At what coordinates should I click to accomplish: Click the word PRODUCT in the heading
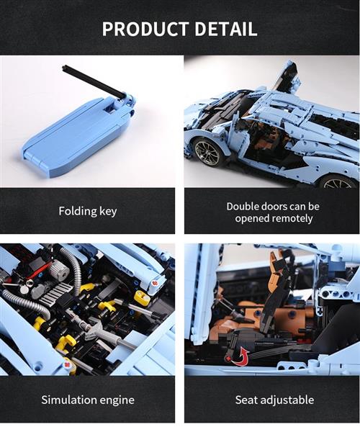click(145, 28)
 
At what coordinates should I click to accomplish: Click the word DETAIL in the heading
click(227, 28)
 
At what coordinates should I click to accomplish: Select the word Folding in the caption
click(77, 212)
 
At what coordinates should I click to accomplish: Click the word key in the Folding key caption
click(108, 211)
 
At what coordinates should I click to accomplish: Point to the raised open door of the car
click(287, 76)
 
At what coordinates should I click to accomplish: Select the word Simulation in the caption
click(69, 400)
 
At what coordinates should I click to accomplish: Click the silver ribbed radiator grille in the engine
click(58, 292)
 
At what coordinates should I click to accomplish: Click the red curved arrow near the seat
click(240, 356)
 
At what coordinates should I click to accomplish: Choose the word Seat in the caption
click(246, 400)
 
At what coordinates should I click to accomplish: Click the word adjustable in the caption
click(287, 400)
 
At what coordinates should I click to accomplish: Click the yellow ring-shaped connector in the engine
click(141, 296)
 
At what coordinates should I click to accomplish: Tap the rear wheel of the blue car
click(338, 181)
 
